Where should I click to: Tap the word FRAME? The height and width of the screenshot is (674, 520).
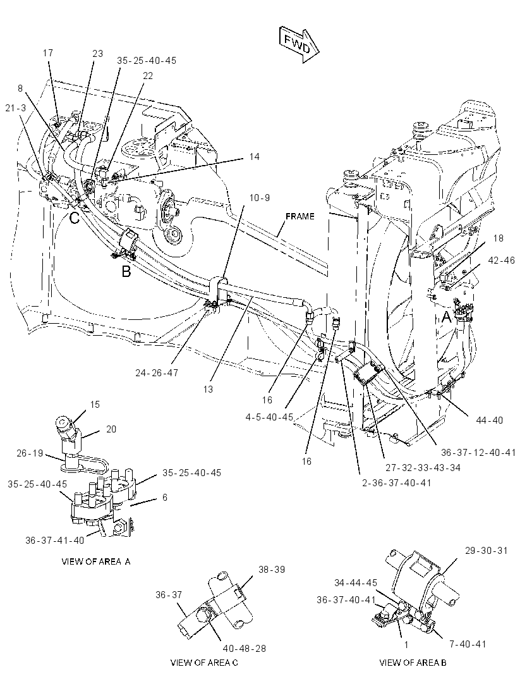pos(299,216)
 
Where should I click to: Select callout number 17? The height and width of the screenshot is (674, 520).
pos(48,53)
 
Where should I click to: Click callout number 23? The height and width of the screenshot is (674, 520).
pos(98,53)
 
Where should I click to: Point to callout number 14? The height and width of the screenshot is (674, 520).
pos(255,156)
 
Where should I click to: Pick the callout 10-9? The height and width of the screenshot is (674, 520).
pos(260,198)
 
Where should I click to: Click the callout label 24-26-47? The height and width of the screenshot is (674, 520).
pos(156,373)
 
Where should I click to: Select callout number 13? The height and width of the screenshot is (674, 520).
pos(208,389)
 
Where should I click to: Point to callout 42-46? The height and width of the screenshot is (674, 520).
pos(501,260)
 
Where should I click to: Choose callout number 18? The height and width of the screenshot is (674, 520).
pos(498,238)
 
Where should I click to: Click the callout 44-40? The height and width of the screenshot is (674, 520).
pos(489,420)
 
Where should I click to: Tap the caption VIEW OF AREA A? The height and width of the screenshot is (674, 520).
pos(96,561)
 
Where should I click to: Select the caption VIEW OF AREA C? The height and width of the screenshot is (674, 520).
pos(204,663)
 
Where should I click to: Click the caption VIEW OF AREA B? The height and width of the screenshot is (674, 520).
pos(413,663)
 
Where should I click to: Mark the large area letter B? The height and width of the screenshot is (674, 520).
pos(126,272)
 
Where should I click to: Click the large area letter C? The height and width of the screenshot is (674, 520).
pos(75,218)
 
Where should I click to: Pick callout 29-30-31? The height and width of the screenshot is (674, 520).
pos(486,550)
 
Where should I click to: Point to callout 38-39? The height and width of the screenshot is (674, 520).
pos(272,570)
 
